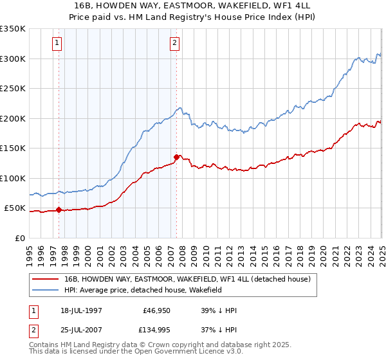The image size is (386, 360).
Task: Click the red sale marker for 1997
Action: (59, 210)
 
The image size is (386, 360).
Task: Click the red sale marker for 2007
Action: (176, 156)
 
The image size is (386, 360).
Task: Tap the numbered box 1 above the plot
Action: (57, 43)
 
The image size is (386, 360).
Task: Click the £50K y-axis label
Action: (15, 208)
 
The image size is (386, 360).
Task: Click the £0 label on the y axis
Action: (20, 238)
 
